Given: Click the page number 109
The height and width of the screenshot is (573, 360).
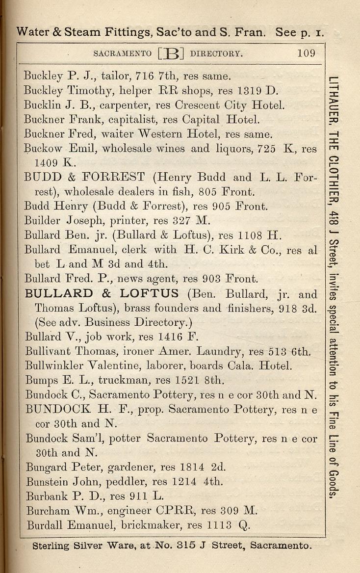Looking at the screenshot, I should pyautogui.click(x=306, y=53).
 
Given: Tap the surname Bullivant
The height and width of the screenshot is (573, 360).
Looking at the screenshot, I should pyautogui.click(x=48, y=351).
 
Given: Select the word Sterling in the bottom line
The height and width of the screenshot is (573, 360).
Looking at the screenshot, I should pyautogui.click(x=51, y=546).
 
